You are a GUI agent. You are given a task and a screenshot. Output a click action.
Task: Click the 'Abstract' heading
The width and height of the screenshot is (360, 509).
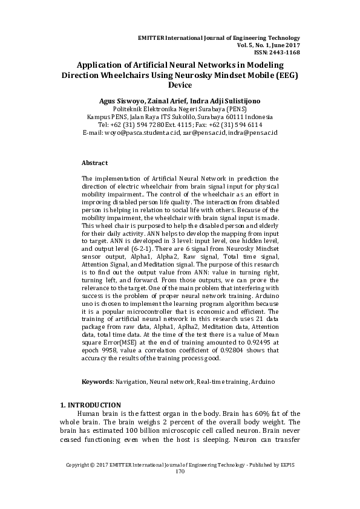[x=94, y=163]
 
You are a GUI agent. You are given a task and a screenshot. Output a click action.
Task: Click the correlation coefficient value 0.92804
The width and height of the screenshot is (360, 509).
[x=227, y=351]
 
